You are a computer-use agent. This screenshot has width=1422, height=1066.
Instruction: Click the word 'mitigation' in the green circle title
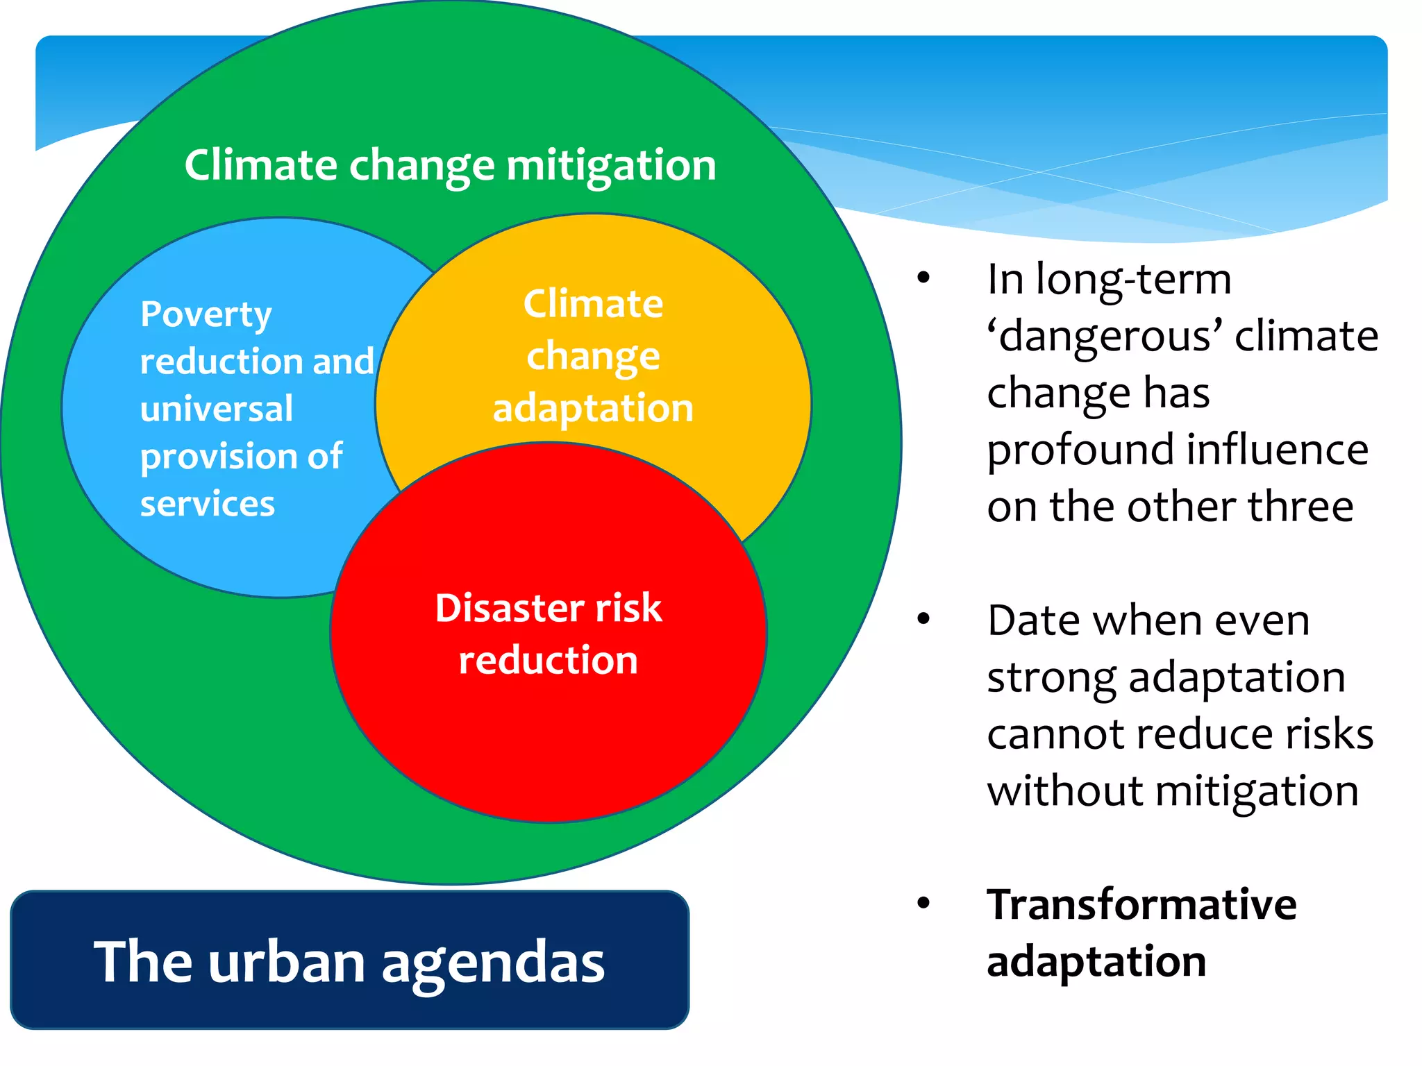611,167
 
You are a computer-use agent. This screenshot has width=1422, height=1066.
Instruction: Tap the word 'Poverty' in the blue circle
206,315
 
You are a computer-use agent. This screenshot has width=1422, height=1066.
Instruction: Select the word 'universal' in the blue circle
217,409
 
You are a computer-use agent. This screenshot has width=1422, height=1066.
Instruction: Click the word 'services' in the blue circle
208,504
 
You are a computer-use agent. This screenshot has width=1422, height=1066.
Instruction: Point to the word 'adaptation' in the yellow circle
593,408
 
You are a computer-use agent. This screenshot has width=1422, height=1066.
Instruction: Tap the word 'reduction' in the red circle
548,660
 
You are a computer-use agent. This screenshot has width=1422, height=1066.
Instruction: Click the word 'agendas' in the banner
493,964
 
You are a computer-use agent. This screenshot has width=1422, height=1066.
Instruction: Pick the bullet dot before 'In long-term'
923,278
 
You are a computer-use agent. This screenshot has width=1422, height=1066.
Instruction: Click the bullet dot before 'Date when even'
923,618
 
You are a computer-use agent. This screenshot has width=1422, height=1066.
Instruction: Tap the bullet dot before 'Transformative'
923,903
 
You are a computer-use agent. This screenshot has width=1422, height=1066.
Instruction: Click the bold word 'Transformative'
1141,905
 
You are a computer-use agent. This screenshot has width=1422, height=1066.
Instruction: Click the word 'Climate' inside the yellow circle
594,304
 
